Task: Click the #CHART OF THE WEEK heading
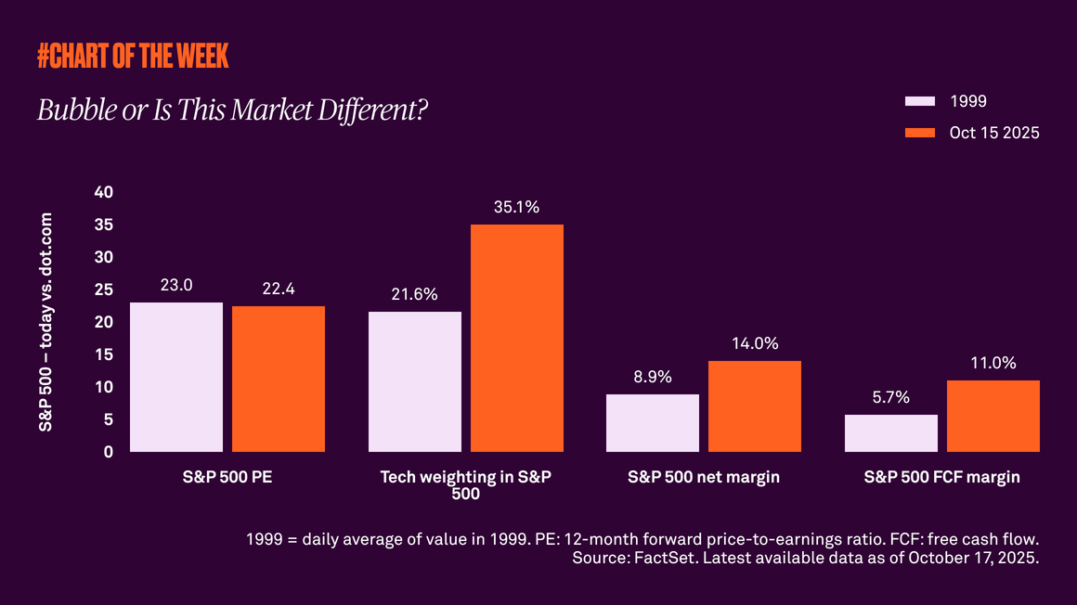pos(133,56)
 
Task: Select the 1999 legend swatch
pos(919,101)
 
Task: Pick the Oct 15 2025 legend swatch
pos(919,133)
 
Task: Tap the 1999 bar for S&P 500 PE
pos(176,377)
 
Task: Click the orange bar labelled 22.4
pos(279,379)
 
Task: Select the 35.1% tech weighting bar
pos(516,338)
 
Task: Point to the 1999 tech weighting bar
pos(415,381)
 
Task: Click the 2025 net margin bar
pos(754,405)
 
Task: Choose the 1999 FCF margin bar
pos(891,432)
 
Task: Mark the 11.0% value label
pos(993,363)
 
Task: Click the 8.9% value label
pos(653,377)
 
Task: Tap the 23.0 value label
pos(176,285)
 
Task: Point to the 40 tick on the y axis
pos(104,192)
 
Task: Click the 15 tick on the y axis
pos(104,354)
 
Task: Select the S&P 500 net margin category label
pos(704,477)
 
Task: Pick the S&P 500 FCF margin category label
pos(941,477)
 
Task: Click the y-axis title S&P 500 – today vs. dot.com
pos(45,321)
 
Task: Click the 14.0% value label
pos(754,343)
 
